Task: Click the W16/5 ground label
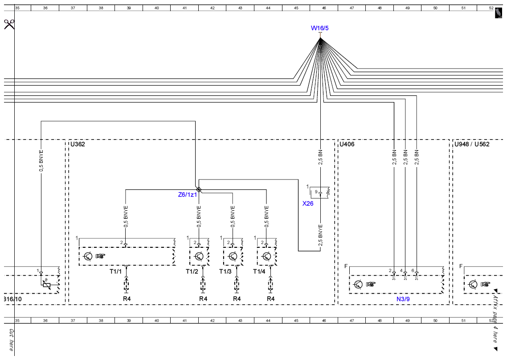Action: coord(319,28)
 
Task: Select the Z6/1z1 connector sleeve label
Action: coord(187,195)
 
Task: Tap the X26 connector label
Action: coord(308,204)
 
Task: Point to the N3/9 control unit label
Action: coord(403,299)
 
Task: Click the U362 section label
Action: coord(78,144)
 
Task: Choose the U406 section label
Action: coord(347,144)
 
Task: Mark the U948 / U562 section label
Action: coord(472,144)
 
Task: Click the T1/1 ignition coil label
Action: coord(115,271)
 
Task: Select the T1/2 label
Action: coord(192,271)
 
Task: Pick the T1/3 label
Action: coord(225,271)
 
